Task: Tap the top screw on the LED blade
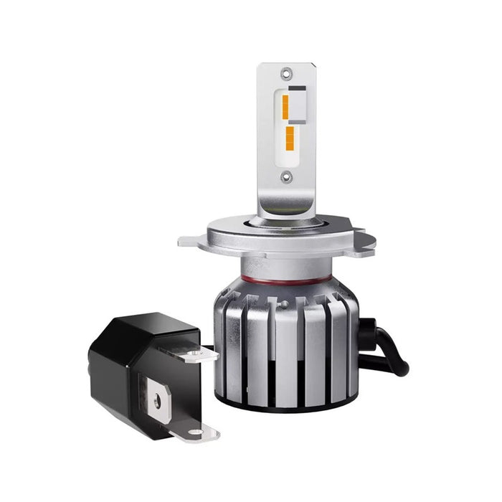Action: (x=286, y=72)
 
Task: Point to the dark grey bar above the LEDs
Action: (x=298, y=91)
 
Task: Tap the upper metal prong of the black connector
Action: (x=200, y=352)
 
